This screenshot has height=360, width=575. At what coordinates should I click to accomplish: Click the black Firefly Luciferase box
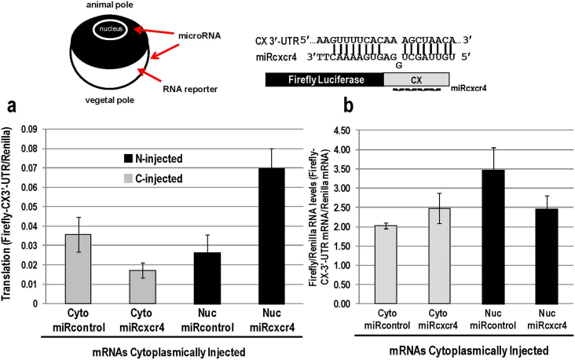(x=324, y=79)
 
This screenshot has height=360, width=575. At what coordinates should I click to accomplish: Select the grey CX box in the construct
(x=416, y=79)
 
